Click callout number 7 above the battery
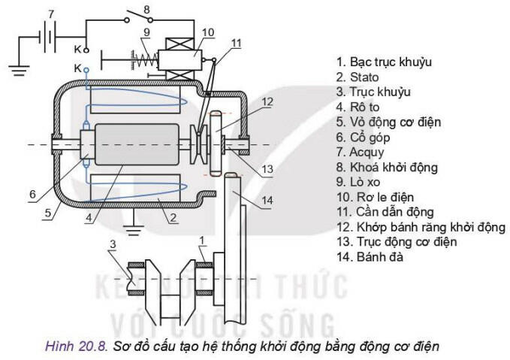coord(50,14)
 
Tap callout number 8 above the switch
coord(147,10)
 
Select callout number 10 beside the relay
coord(208,32)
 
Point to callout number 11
coord(237,44)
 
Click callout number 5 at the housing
coord(47,213)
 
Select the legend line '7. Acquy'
coord(361,153)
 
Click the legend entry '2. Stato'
coord(358,77)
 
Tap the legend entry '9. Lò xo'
coord(360,183)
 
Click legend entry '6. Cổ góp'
coord(365,138)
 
